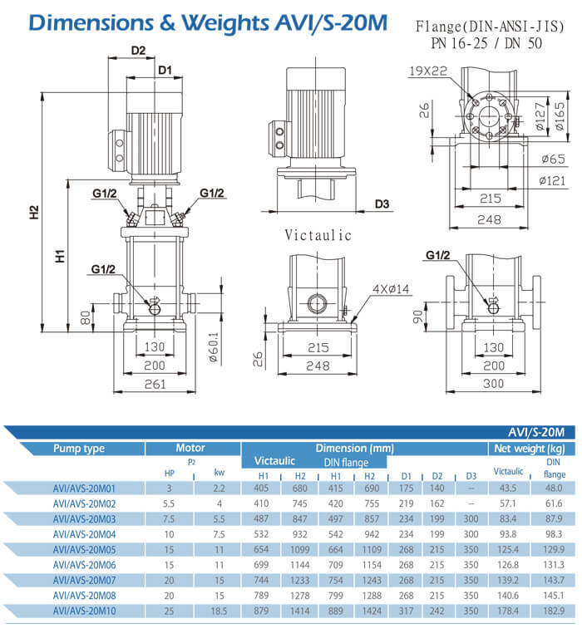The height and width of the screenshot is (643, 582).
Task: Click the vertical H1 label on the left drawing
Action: tap(61, 257)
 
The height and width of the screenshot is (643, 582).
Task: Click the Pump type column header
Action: tap(79, 449)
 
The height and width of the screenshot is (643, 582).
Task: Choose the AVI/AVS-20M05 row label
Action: tap(84, 549)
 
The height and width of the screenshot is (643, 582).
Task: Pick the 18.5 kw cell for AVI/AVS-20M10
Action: tap(219, 611)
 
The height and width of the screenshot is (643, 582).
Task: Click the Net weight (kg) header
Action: tap(530, 449)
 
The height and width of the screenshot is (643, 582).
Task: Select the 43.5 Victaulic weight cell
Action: tap(508, 488)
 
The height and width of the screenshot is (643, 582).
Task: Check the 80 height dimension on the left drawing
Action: tap(84, 317)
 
